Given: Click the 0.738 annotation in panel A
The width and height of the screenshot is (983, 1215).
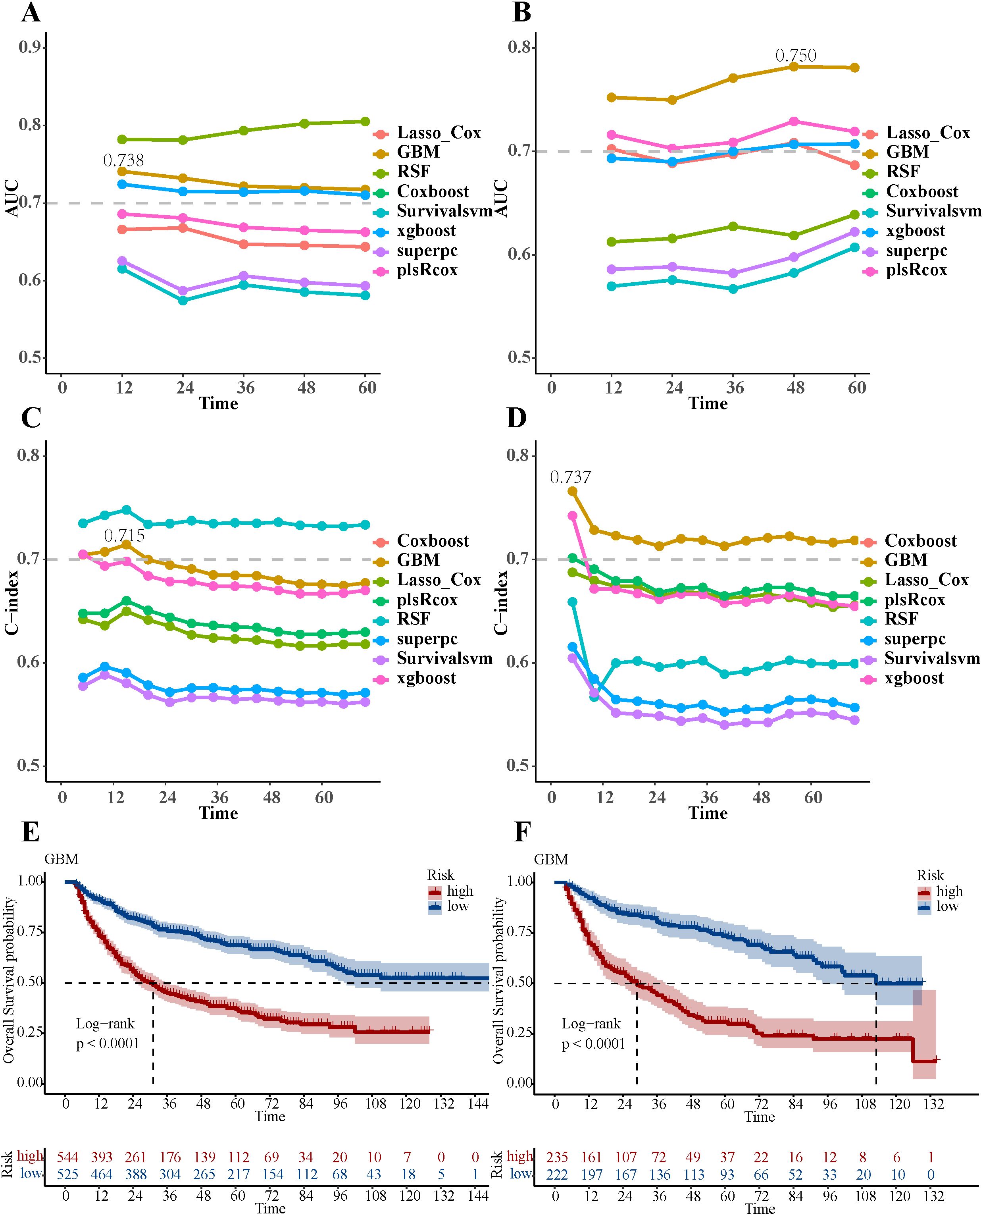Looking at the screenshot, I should pyautogui.click(x=123, y=161).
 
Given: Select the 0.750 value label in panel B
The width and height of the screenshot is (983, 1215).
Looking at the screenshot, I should pyautogui.click(x=796, y=56).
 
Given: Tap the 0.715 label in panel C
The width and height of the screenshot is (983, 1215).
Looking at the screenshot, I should pyautogui.click(x=124, y=535).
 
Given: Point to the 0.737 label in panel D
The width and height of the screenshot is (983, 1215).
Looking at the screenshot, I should pyautogui.click(x=570, y=478).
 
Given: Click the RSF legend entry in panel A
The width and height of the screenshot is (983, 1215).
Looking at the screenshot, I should pyautogui.click(x=414, y=172).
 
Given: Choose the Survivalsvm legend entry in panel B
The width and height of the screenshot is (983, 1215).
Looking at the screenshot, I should pyautogui.click(x=933, y=211).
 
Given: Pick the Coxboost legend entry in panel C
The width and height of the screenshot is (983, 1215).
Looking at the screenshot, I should pyautogui.click(x=433, y=541).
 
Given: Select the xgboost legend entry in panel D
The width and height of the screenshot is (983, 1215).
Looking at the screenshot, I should pyautogui.click(x=914, y=678).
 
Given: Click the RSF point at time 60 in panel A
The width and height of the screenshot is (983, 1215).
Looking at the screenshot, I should pyautogui.click(x=365, y=121).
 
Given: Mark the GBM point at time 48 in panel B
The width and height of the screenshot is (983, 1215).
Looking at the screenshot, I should pyautogui.click(x=794, y=67).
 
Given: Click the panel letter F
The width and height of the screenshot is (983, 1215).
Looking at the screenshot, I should pyautogui.click(x=521, y=833).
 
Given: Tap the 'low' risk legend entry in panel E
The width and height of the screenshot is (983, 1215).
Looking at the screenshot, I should pyautogui.click(x=458, y=906).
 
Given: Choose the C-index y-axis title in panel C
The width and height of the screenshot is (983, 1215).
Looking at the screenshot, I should pyautogui.click(x=12, y=602).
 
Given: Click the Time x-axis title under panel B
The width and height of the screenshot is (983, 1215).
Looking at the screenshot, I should pyautogui.click(x=708, y=403).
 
